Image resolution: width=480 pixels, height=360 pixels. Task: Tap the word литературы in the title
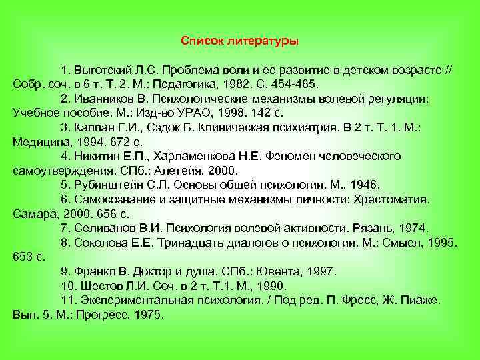(262, 41)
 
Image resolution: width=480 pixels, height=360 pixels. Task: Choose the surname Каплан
(95, 127)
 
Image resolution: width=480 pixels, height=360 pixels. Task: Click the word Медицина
(39, 141)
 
